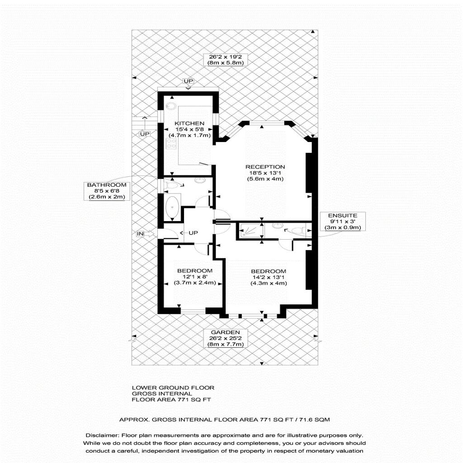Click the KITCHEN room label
189,123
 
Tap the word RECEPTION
265,167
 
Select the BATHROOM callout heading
107,185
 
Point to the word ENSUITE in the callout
343,216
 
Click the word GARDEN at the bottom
225,332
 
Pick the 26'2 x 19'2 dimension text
225,57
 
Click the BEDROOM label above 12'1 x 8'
195,271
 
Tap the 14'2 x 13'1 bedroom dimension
269,277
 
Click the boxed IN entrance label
140,234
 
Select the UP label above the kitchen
189,81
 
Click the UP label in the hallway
193,233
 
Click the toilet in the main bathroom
172,185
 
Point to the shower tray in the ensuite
250,230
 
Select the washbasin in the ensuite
277,226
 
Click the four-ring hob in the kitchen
171,143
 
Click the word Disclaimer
103,435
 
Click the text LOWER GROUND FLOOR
173,387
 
